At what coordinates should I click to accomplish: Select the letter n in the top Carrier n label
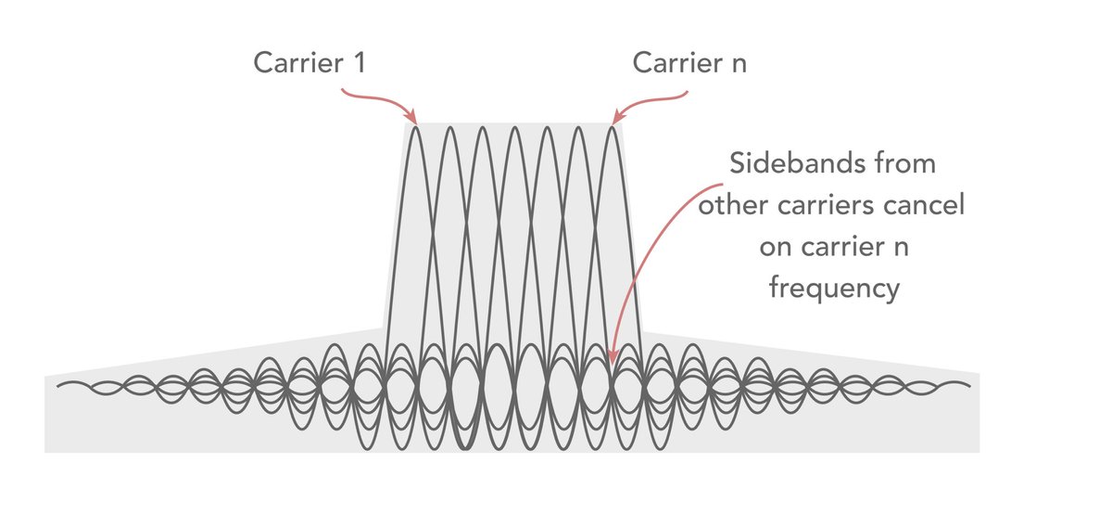pyautogui.click(x=736, y=64)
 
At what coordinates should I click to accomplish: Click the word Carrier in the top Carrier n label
pyautogui.click(x=674, y=64)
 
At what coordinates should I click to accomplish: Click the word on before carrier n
pyautogui.click(x=776, y=248)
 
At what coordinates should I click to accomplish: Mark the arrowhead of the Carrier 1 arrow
pyautogui.click(x=412, y=120)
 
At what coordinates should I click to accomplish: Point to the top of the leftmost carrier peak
pyautogui.click(x=415, y=126)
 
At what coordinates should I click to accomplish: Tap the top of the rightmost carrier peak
pyautogui.click(x=612, y=126)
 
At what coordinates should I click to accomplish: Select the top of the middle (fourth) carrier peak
pyautogui.click(x=513, y=126)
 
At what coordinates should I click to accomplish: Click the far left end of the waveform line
pyautogui.click(x=58, y=383)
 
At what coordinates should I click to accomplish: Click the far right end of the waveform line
pyautogui.click(x=969, y=383)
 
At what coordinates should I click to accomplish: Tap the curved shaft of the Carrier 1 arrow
pyautogui.click(x=371, y=95)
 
